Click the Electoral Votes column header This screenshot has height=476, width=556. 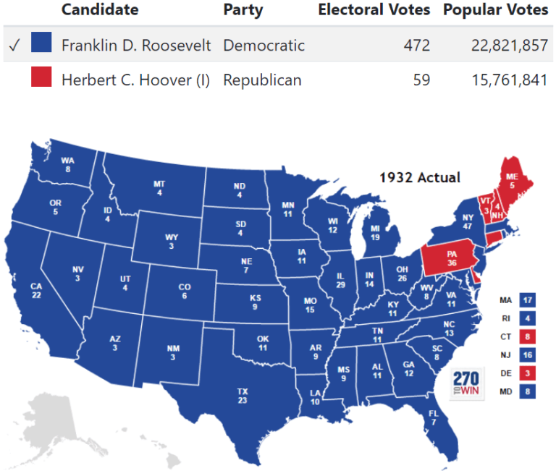374,10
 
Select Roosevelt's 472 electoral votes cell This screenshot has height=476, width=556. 416,45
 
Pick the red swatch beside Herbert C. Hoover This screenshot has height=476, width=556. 41,77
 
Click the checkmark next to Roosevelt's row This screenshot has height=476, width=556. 13,45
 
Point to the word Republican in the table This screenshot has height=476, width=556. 262,80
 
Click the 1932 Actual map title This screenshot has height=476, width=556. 420,177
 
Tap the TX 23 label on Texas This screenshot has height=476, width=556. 243,396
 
